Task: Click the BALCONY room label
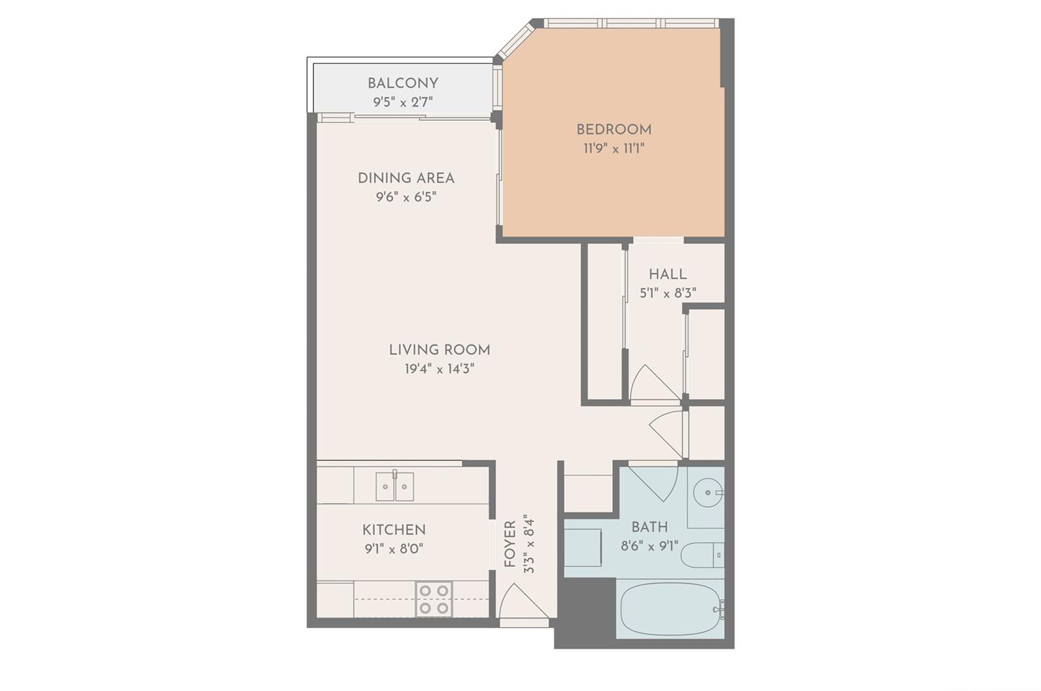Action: pyautogui.click(x=403, y=84)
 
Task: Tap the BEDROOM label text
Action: pyautogui.click(x=614, y=129)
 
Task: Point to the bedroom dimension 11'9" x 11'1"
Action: pyautogui.click(x=614, y=149)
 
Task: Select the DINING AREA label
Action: pyautogui.click(x=406, y=178)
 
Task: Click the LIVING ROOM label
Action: pyautogui.click(x=440, y=350)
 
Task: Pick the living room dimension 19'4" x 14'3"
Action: pyautogui.click(x=440, y=369)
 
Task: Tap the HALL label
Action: pyautogui.click(x=668, y=274)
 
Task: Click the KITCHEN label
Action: pyautogui.click(x=394, y=530)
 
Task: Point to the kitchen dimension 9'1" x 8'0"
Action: pyautogui.click(x=394, y=549)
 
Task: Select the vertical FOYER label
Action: pyautogui.click(x=510, y=544)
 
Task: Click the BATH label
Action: pyautogui.click(x=650, y=527)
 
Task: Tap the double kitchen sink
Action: pyautogui.click(x=394, y=486)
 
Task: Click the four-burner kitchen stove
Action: pyautogui.click(x=434, y=599)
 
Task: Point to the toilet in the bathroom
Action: pyautogui.click(x=703, y=555)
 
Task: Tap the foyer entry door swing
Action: pyautogui.click(x=523, y=601)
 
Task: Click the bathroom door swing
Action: pyautogui.click(x=655, y=483)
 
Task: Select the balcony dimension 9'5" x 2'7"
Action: pyautogui.click(x=403, y=102)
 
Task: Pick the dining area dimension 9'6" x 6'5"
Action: pyautogui.click(x=406, y=198)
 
